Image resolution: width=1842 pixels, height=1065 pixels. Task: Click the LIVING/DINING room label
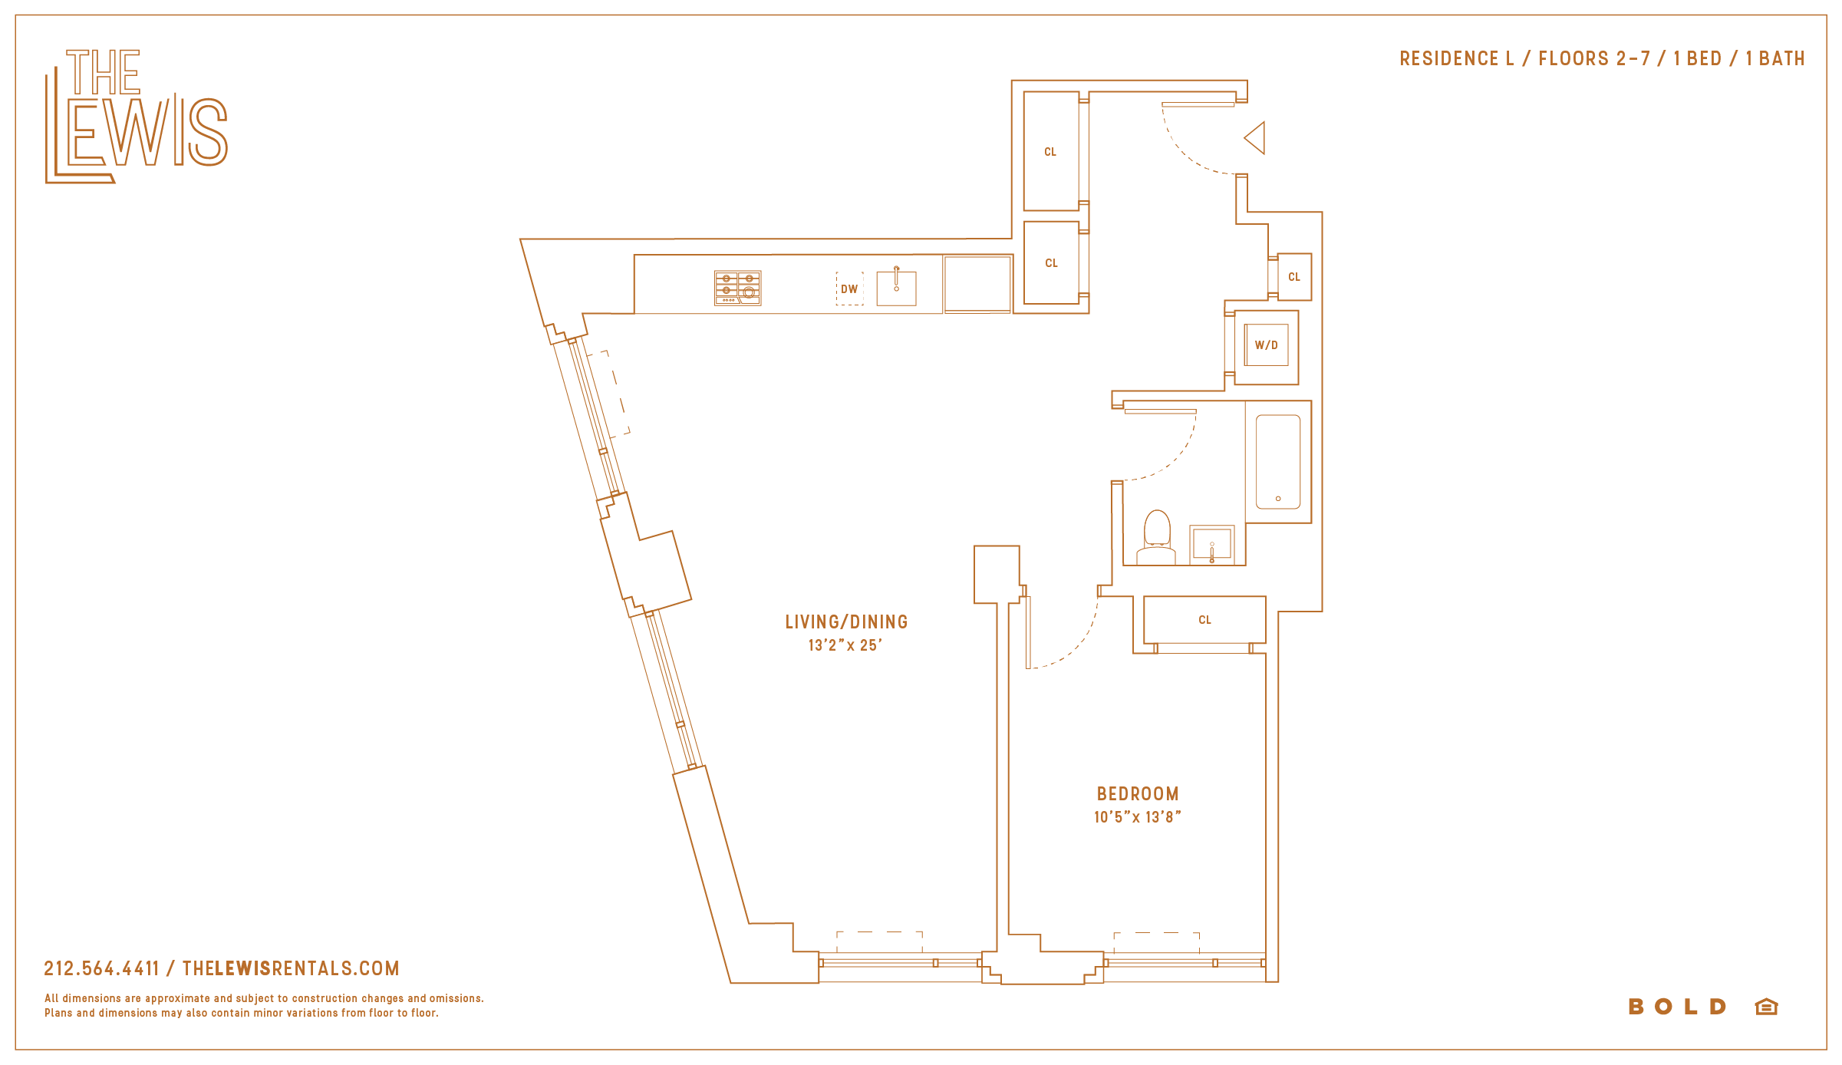(x=846, y=622)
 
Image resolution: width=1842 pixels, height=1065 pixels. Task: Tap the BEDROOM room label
(x=1138, y=794)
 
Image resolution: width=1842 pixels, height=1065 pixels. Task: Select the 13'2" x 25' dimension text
(x=845, y=645)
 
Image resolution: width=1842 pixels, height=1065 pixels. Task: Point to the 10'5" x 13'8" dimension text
(x=1138, y=817)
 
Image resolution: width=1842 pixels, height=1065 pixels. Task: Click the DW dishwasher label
(x=849, y=289)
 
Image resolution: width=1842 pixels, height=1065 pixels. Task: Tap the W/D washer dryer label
(x=1267, y=345)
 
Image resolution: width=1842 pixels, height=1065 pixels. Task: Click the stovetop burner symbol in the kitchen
(x=737, y=288)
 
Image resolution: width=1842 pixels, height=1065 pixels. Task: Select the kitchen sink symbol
(x=896, y=287)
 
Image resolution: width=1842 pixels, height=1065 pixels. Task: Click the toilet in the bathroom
(x=1156, y=538)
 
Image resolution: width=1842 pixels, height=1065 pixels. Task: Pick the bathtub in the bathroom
(x=1278, y=462)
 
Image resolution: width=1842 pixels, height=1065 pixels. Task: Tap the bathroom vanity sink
(x=1212, y=544)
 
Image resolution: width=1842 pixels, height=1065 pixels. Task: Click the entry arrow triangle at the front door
(x=1254, y=138)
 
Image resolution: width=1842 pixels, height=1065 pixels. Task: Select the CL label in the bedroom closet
(x=1204, y=620)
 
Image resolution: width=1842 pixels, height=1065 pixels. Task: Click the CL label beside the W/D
(x=1294, y=277)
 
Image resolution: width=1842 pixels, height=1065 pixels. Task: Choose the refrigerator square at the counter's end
(x=977, y=284)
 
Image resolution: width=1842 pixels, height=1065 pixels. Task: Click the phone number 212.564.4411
(x=101, y=968)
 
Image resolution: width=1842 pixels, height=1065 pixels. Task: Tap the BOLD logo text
(x=1677, y=1007)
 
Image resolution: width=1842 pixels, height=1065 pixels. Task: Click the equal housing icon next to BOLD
(x=1766, y=1007)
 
